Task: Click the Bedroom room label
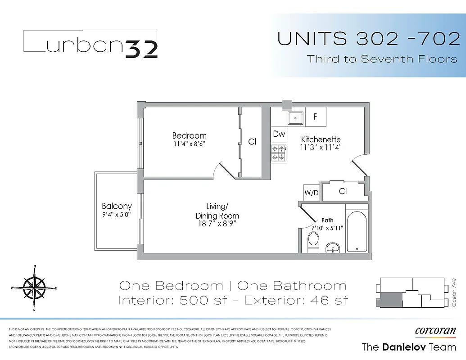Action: (189, 135)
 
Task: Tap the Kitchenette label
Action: (321, 139)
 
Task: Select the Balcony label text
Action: (117, 207)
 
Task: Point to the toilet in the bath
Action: (312, 241)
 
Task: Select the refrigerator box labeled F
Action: (316, 116)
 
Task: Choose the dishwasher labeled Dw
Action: (279, 134)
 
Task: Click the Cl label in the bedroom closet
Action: (252, 142)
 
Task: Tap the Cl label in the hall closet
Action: (343, 191)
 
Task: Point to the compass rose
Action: (34, 287)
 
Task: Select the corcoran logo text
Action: (435, 331)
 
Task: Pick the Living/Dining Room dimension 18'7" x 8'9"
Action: (217, 223)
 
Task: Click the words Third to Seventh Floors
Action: (382, 59)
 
